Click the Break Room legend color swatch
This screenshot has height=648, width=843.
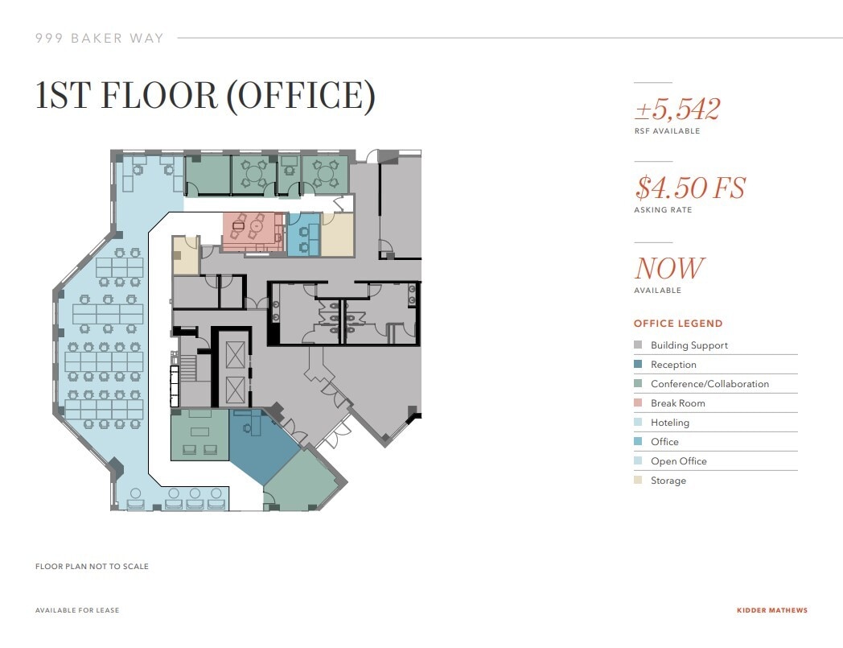pyautogui.click(x=638, y=403)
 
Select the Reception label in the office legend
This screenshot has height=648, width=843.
pyautogui.click(x=673, y=365)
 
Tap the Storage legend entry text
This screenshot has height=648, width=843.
pyautogui.click(x=668, y=481)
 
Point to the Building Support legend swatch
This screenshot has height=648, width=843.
pyautogui.click(x=638, y=345)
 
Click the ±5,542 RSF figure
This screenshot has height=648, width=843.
pyautogui.click(x=676, y=109)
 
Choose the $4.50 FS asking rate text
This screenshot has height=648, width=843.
pyautogui.click(x=690, y=188)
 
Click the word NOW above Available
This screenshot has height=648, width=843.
pyautogui.click(x=669, y=268)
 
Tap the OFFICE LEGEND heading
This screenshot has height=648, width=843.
pyautogui.click(x=678, y=324)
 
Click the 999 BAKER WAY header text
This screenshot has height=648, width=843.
pyautogui.click(x=100, y=38)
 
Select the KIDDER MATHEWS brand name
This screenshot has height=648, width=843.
pyautogui.click(x=771, y=610)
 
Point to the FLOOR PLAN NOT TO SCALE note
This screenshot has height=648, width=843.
pyautogui.click(x=92, y=567)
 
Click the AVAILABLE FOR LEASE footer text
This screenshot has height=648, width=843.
pyautogui.click(x=77, y=610)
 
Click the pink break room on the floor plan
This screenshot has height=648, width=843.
pyautogui.click(x=253, y=231)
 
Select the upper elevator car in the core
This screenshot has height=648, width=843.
pyautogui.click(x=235, y=354)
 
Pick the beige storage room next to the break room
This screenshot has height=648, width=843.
pyautogui.click(x=338, y=234)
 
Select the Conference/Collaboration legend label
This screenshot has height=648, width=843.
pyautogui.click(x=709, y=384)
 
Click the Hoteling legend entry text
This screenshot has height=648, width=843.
pyautogui.click(x=670, y=423)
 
